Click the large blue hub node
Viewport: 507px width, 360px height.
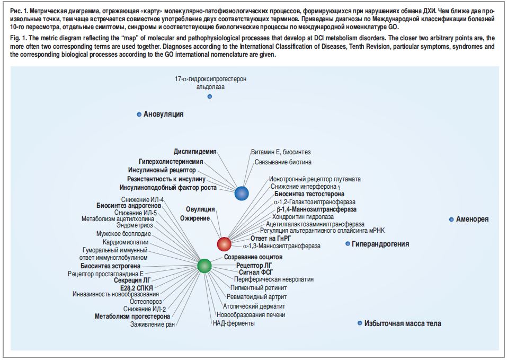pos(241,193)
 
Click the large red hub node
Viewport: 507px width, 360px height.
pos(224,244)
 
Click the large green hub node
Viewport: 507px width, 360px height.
pos(204,266)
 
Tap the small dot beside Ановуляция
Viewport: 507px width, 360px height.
pos(139,114)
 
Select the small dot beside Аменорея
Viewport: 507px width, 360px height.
pos(451,219)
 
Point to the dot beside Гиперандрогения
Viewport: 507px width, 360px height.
pos(348,244)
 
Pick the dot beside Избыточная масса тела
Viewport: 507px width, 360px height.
pos(360,323)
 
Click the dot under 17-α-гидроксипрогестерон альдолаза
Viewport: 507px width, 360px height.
pos(210,96)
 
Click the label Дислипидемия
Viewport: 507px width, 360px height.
pos(195,152)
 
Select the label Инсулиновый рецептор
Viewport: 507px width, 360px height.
pos(162,170)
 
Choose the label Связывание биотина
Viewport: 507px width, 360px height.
pos(283,162)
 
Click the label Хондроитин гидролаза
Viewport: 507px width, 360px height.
pos(303,217)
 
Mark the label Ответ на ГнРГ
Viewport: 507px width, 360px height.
pos(271,239)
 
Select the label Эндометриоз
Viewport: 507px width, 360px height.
pos(135,225)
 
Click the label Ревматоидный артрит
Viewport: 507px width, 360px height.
pos(256,297)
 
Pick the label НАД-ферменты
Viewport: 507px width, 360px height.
pos(234,323)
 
